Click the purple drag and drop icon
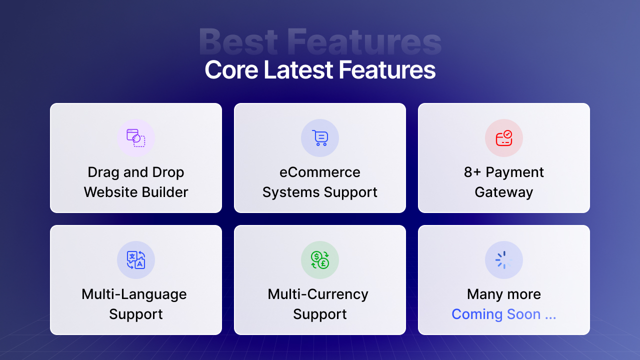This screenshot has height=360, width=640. tap(136, 138)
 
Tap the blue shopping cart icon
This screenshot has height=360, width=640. tap(320, 138)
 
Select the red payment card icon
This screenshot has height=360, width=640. tap(504, 138)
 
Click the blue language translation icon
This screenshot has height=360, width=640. tap(136, 260)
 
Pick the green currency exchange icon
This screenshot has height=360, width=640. tap(320, 260)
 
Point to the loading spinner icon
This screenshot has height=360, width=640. tap(504, 260)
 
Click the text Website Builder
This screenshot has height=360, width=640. tap(136, 192)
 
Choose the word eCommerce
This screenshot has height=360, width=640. tap(320, 172)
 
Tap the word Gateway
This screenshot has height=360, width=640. tap(504, 192)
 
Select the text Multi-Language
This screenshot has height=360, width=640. tap(134, 294)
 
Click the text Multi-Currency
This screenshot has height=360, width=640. tap(318, 294)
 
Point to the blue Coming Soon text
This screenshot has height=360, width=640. tap(503, 314)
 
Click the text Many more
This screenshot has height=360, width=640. tap(504, 294)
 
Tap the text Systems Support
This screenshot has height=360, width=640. tap(320, 192)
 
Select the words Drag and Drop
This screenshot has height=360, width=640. tap(136, 172)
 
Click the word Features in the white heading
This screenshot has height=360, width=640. tap(387, 70)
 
